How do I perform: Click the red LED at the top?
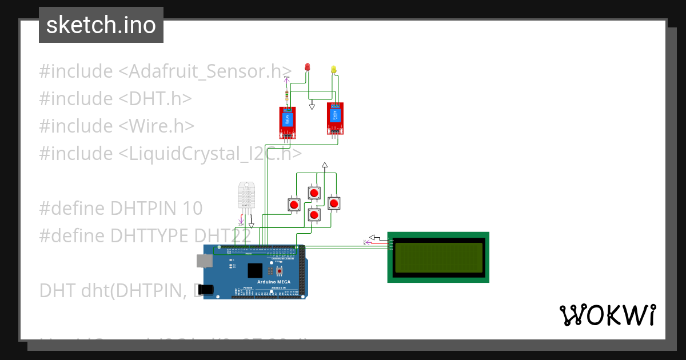click(307, 67)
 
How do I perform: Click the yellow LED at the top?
click(334, 70)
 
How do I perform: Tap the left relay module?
click(288, 122)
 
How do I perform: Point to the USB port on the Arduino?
click(204, 261)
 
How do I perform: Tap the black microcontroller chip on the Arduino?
click(254, 271)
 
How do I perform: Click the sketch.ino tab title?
click(101, 25)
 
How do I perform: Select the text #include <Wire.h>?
click(117, 126)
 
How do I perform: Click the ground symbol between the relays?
click(312, 106)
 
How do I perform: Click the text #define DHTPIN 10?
click(121, 208)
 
